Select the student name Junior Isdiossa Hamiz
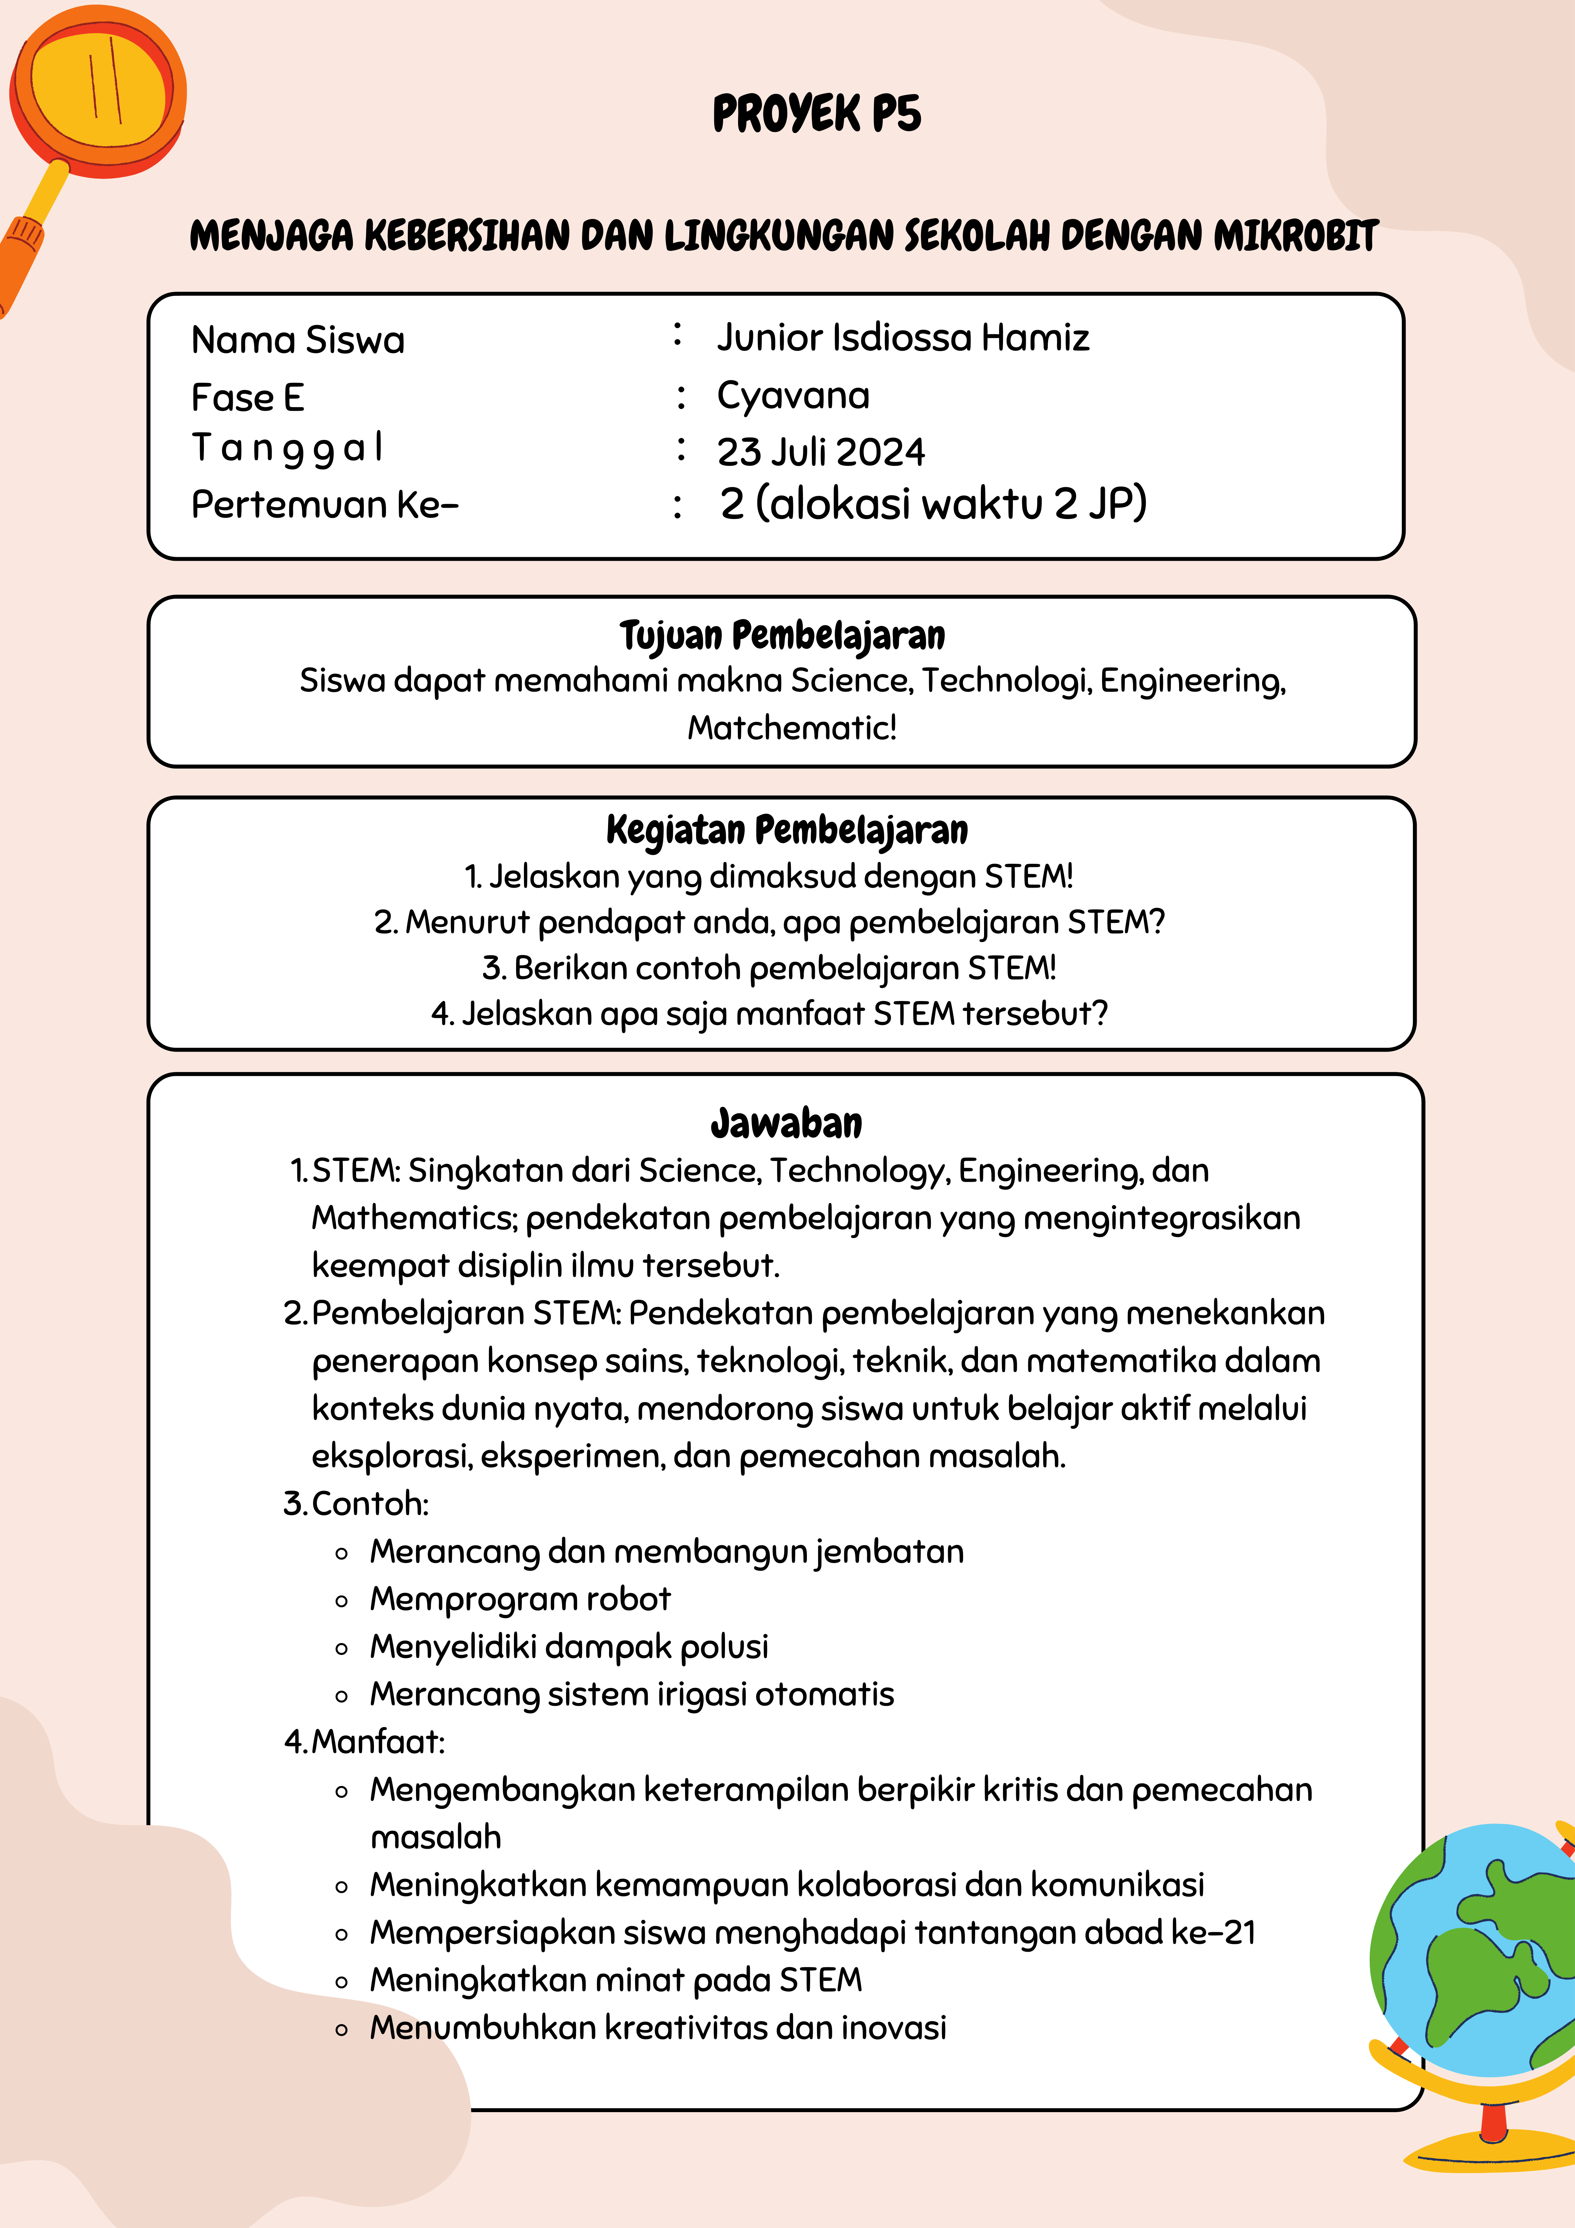[x=902, y=338]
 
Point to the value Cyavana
[x=793, y=395]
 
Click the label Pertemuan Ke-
[x=324, y=505]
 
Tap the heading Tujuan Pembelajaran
[x=782, y=636]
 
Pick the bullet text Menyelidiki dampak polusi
[x=569, y=1646]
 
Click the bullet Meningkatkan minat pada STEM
[x=615, y=1980]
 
